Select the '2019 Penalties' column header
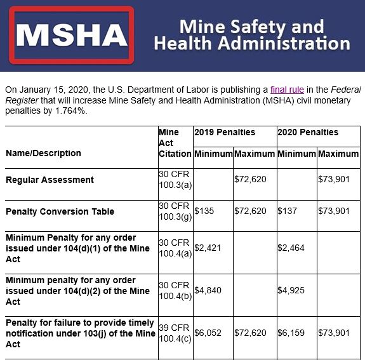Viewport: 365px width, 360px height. pyautogui.click(x=225, y=132)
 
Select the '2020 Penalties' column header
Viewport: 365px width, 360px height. pyautogui.click(x=308, y=132)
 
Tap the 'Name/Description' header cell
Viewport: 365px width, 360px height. pyautogui.click(x=43, y=153)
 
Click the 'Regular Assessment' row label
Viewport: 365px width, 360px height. pyautogui.click(x=50, y=180)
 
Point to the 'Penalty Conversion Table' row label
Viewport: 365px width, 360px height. pyautogui.click(x=60, y=211)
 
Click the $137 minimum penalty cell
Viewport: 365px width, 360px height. pyautogui.click(x=287, y=211)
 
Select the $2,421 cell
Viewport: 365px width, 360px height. pyautogui.click(x=208, y=248)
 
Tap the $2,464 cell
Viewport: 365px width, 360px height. pyautogui.click(x=291, y=248)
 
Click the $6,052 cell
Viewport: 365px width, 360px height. pyautogui.click(x=208, y=333)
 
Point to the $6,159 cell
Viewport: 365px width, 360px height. pyautogui.click(x=291, y=333)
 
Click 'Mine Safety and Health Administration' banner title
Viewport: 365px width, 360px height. pyautogui.click(x=251, y=35)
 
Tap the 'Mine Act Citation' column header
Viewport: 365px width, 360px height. pyautogui.click(x=175, y=143)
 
